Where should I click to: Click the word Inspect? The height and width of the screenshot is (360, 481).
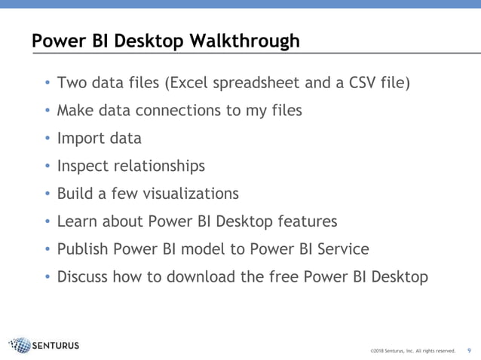pos(84,166)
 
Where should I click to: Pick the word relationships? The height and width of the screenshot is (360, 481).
pos(160,166)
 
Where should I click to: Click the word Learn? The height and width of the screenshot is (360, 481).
pos(79,221)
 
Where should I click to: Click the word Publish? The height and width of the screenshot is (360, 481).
pos(84,249)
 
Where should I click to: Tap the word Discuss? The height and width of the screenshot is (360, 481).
pos(86,277)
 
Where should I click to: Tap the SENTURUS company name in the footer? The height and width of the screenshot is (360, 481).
pos(57,346)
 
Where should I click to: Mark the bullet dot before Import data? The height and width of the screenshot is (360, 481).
pos(48,139)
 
